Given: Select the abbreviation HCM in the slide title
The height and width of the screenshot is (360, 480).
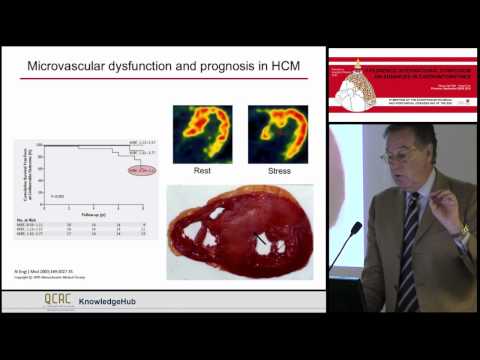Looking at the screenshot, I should pyautogui.click(x=307, y=68).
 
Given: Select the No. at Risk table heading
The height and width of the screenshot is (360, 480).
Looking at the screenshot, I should pyautogui.click(x=28, y=216).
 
